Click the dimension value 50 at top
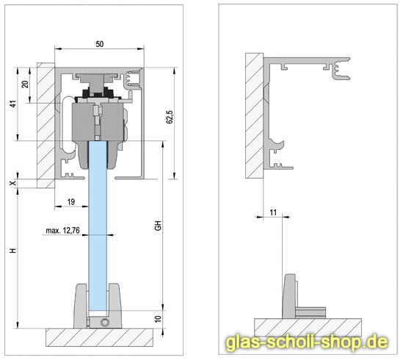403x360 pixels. pos(99,45)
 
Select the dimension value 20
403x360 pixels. pos(25,84)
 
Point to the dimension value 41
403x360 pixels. pos(12,104)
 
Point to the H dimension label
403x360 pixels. pos(12,251)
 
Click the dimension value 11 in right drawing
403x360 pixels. pos(273,212)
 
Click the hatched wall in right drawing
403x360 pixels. pos(253,118)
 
